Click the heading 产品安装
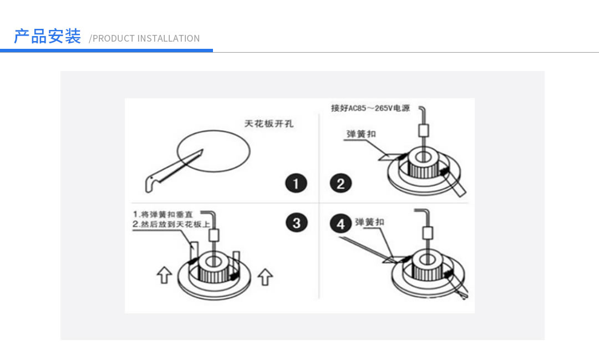pos(47,37)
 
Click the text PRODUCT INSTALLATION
pos(146,38)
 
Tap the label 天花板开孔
pos(269,124)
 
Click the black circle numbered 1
pos(296,183)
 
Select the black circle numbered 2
pos(341,183)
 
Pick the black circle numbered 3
pos(296,222)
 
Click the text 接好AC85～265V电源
pos(370,108)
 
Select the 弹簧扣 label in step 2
pos(361,134)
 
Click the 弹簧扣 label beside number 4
pos(369,222)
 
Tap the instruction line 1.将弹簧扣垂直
pos(164,214)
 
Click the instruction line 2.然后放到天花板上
pos(171,224)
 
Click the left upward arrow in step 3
pos(164,275)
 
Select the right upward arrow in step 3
pos(266,276)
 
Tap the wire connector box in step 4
pos(428,232)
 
